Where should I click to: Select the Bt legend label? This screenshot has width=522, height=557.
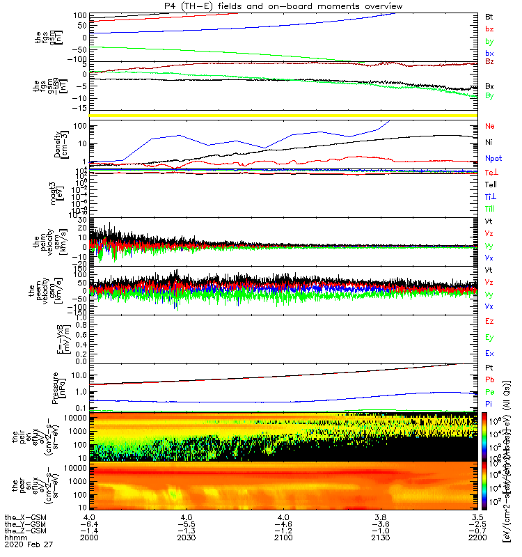coord(489,15)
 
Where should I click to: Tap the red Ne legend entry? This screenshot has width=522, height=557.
coord(490,127)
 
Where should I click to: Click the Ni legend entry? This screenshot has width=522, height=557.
coord(489,142)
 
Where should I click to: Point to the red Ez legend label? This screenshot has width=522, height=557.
coord(490,321)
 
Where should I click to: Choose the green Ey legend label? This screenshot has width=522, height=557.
coord(490,337)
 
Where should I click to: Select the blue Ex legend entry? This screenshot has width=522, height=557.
coord(490,354)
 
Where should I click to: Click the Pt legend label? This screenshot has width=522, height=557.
coord(489,367)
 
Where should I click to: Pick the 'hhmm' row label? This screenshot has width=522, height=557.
coord(15,538)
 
